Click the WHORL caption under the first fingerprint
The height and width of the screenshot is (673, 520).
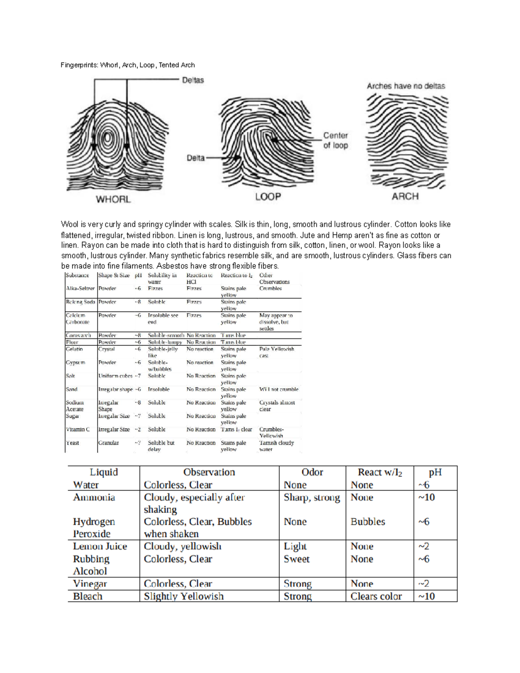coord(113,199)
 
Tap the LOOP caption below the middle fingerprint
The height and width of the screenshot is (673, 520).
coord(268,197)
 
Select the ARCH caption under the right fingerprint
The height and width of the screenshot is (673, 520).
coord(405,196)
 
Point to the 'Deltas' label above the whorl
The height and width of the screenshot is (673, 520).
coord(193,80)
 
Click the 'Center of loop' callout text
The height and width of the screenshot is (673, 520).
coord(335,140)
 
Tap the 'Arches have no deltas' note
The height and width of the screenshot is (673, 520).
coord(406,86)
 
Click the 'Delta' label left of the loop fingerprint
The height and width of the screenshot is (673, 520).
coord(195,158)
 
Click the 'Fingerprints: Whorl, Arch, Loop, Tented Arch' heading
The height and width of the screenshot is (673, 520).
coord(128,65)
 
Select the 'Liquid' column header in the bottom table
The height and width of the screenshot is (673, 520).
coord(104,472)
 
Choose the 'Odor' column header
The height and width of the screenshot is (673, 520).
coord(312,472)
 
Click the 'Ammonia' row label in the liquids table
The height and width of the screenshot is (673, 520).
coord(94,497)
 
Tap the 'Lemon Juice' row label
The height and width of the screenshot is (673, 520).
coord(100,546)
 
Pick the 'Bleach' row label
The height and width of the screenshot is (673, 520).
coord(88,596)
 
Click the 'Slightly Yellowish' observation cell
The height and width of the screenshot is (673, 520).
coord(184,596)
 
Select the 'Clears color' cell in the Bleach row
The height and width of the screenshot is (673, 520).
coord(376,596)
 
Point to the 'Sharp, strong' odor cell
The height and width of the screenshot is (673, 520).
coord(312,497)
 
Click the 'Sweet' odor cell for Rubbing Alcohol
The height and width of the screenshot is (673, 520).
coord(296,559)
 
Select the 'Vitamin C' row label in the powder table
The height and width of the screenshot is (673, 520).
coord(78,429)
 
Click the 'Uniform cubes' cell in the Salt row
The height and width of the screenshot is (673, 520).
coord(115,376)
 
